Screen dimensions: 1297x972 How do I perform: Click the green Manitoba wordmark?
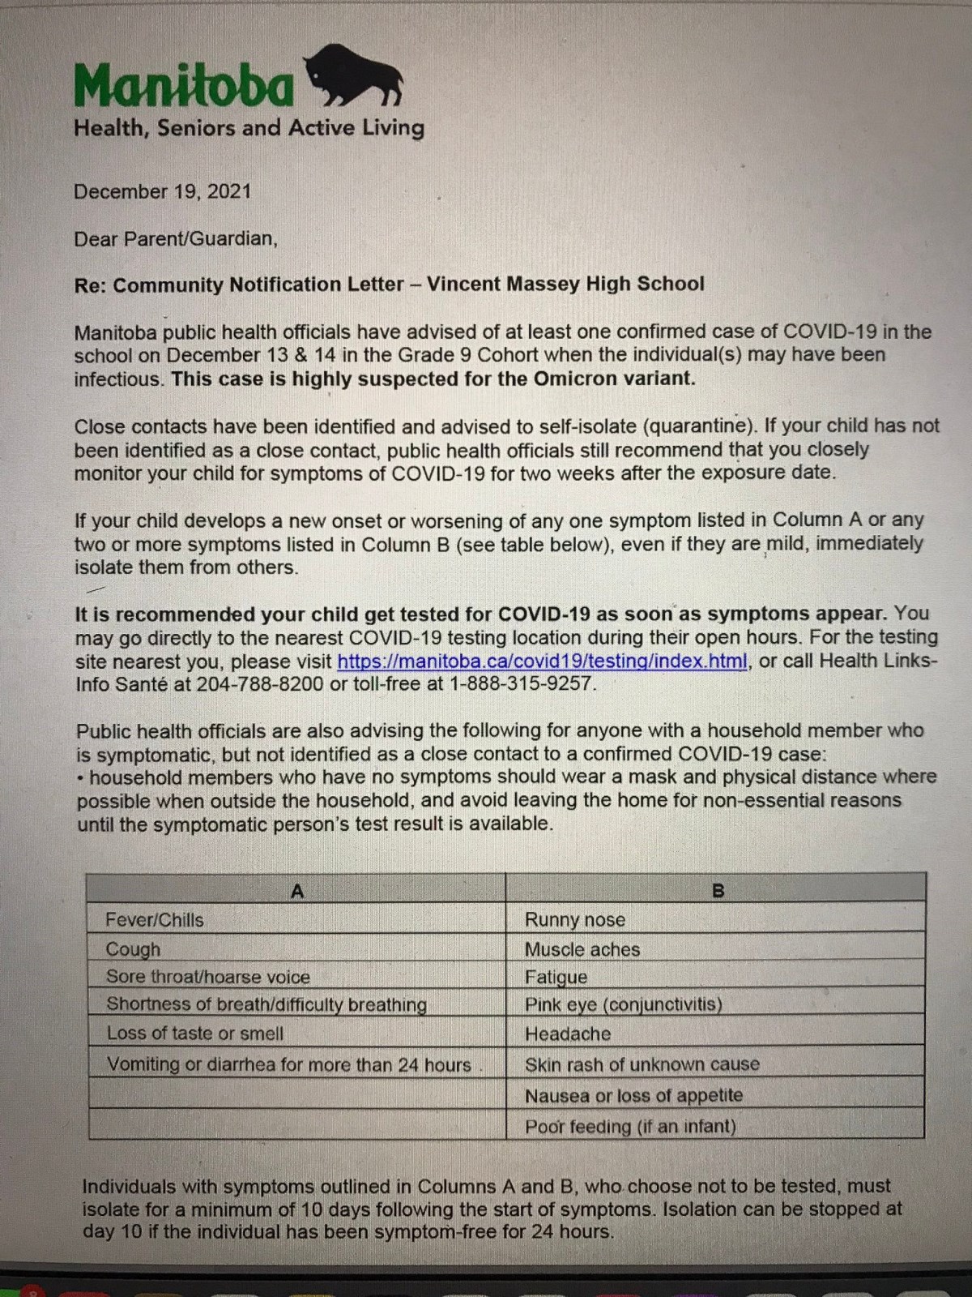point(185,86)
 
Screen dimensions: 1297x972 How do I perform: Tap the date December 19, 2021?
point(162,192)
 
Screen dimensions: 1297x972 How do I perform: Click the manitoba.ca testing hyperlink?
point(541,661)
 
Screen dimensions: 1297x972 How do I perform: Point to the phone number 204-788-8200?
point(260,684)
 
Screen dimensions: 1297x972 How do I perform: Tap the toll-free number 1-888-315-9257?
point(522,684)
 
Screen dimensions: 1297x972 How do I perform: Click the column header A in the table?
point(296,892)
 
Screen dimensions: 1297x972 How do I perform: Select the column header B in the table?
point(717,892)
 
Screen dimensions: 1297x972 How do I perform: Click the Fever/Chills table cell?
point(155,920)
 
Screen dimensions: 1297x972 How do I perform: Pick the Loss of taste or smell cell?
point(195,1034)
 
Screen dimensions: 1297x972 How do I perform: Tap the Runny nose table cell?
point(575,920)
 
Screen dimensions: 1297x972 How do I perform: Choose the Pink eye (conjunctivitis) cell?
point(623,1005)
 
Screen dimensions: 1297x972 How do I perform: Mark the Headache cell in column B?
point(568,1034)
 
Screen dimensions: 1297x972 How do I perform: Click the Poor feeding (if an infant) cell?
point(630,1127)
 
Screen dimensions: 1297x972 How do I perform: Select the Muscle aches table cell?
point(582,949)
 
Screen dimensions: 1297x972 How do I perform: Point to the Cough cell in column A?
point(134,949)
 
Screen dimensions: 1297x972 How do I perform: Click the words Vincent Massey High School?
point(565,285)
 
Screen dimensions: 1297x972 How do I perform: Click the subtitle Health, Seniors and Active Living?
point(249,128)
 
